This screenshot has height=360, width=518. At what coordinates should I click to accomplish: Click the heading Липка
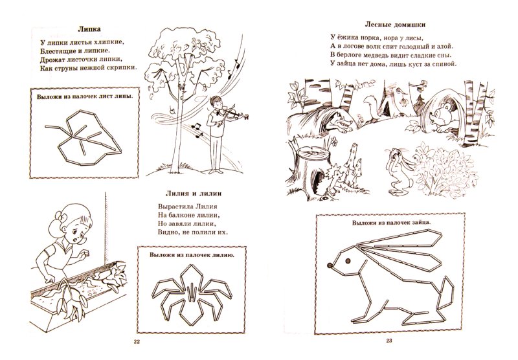coord(89,29)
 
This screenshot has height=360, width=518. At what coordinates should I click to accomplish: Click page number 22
coord(137,341)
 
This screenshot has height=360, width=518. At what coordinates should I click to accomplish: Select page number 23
coord(389,341)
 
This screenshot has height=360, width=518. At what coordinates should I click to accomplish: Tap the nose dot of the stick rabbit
coord(330,265)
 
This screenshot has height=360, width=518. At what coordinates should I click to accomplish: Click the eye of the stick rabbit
coord(348,261)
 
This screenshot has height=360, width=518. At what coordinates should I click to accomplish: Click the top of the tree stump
coord(311,153)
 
